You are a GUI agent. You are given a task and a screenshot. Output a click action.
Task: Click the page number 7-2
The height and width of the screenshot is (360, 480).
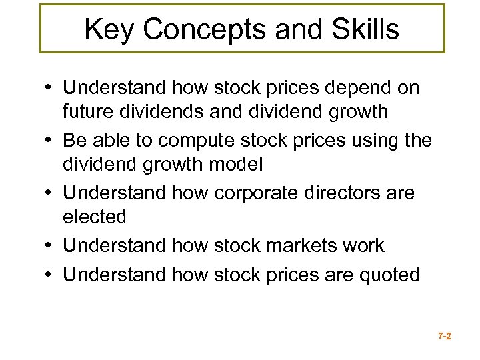pos(444,337)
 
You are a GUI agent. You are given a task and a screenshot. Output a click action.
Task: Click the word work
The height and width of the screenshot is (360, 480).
pos(366,245)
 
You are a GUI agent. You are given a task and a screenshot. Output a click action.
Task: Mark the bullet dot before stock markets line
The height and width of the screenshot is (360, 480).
pos(51,245)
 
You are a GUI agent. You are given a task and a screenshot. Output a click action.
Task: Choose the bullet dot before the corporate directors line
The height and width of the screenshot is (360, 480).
pos(51,193)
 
